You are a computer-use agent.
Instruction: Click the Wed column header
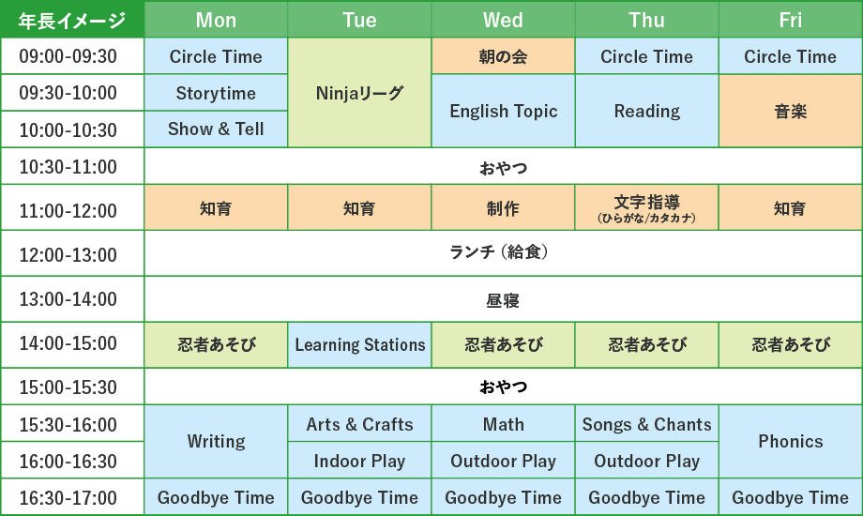(x=503, y=20)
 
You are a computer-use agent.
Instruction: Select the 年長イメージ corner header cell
(x=72, y=20)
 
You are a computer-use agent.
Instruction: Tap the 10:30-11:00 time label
(x=68, y=166)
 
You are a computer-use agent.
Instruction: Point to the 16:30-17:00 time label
(x=68, y=498)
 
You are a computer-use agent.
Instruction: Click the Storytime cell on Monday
(x=216, y=93)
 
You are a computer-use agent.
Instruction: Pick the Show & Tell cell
(x=216, y=129)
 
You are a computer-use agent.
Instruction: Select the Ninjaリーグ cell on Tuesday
(x=359, y=93)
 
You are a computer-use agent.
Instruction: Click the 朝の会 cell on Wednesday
(x=503, y=56)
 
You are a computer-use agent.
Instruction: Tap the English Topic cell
(x=503, y=112)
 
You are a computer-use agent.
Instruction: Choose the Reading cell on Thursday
(x=646, y=112)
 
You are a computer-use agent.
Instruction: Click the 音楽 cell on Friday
(x=791, y=112)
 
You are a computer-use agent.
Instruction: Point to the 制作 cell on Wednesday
(x=503, y=207)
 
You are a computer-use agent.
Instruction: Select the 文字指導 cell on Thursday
(x=646, y=207)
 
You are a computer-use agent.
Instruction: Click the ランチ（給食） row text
(x=499, y=252)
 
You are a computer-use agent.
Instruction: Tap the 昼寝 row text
(x=503, y=300)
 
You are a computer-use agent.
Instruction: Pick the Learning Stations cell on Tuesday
(x=359, y=344)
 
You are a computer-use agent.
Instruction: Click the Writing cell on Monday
(x=216, y=442)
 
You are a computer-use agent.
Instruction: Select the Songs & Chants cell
(x=646, y=423)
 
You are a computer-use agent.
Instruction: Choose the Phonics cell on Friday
(x=791, y=442)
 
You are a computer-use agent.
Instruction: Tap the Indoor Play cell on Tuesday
(x=359, y=461)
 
